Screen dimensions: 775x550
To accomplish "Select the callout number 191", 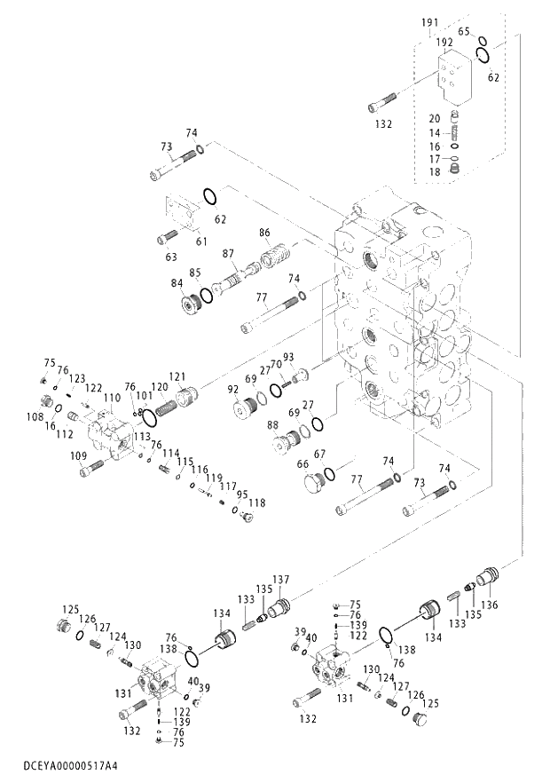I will point(429,22).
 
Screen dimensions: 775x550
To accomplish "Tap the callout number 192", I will point(444,41).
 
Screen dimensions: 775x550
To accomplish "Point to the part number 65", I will point(464,31).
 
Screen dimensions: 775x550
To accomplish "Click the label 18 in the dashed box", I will point(435,171).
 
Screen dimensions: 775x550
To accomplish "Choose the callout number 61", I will point(201,241).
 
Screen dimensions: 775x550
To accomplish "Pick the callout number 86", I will point(264,233).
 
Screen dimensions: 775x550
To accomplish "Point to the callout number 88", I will point(273,425).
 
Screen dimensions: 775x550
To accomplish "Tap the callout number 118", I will point(256,503).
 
